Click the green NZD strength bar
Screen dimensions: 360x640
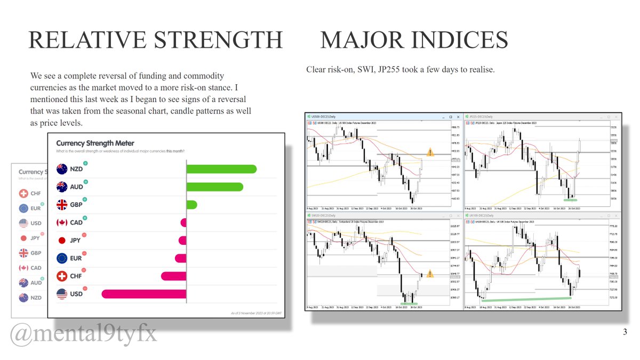tap(221, 169)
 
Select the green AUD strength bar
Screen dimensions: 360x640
tap(214, 187)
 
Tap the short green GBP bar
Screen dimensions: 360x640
tap(191, 205)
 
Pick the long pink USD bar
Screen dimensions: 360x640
tap(144, 294)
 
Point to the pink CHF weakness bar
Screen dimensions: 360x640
tap(173, 276)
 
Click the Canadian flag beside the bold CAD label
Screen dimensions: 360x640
tap(61, 222)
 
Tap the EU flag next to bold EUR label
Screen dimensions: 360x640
tap(61, 258)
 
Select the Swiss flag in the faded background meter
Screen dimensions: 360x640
tap(23, 194)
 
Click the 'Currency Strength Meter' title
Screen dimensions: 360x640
tap(95, 143)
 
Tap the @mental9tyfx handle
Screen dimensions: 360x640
tap(84, 334)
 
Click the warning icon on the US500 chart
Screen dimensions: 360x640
tap(430, 153)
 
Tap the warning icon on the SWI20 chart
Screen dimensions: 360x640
tap(430, 274)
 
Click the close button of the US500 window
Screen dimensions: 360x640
tap(458, 116)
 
